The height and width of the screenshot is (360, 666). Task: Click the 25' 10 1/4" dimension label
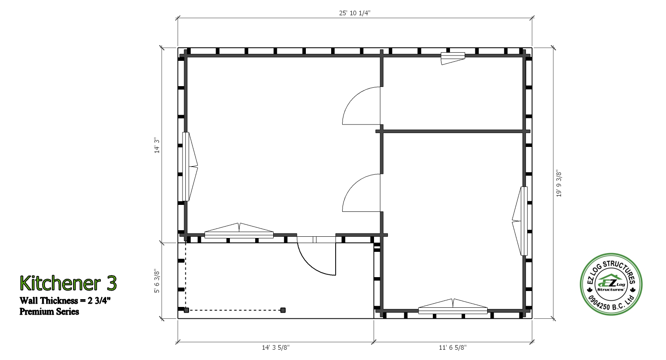pyautogui.click(x=355, y=13)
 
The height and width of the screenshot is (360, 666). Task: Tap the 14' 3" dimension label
pyautogui.click(x=157, y=145)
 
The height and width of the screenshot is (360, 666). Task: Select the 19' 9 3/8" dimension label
pyautogui.click(x=559, y=184)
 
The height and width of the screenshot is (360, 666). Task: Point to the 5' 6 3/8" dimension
pyautogui.click(x=157, y=281)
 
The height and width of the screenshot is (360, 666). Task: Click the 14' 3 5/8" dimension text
pyautogui.click(x=276, y=347)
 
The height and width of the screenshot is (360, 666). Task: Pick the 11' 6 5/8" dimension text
pyautogui.click(x=453, y=347)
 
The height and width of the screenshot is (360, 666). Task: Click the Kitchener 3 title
pyautogui.click(x=68, y=283)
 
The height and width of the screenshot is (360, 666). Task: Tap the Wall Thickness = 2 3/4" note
pyautogui.click(x=65, y=300)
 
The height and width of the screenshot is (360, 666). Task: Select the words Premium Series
pyautogui.click(x=49, y=311)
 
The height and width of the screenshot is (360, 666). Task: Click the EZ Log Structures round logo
pyautogui.click(x=611, y=284)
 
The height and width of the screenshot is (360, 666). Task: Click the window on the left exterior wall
pyautogui.click(x=189, y=167)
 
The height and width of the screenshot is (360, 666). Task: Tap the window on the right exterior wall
pyautogui.click(x=520, y=221)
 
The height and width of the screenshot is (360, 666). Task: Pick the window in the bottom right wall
pyautogui.click(x=453, y=307)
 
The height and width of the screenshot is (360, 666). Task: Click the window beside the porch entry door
pyautogui.click(x=239, y=231)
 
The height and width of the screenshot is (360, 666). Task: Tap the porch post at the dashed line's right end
pyautogui.click(x=283, y=310)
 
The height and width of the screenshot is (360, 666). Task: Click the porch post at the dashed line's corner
pyautogui.click(x=187, y=310)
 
